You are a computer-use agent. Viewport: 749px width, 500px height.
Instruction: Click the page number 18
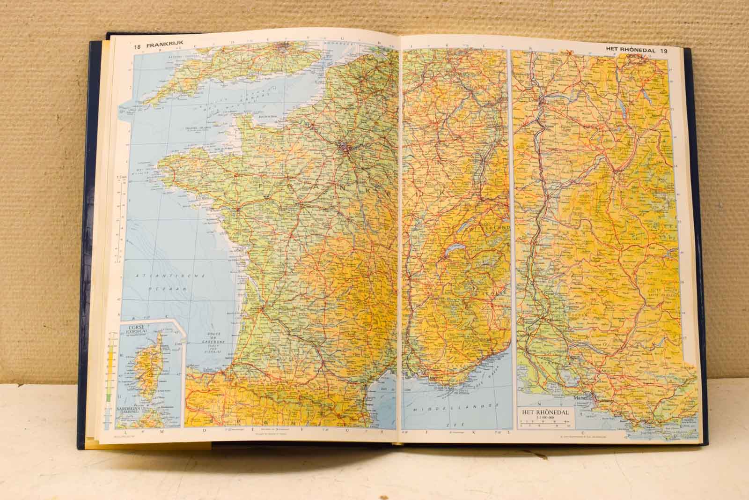click(137, 46)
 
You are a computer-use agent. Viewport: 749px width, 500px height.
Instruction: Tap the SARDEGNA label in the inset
click(132, 409)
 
